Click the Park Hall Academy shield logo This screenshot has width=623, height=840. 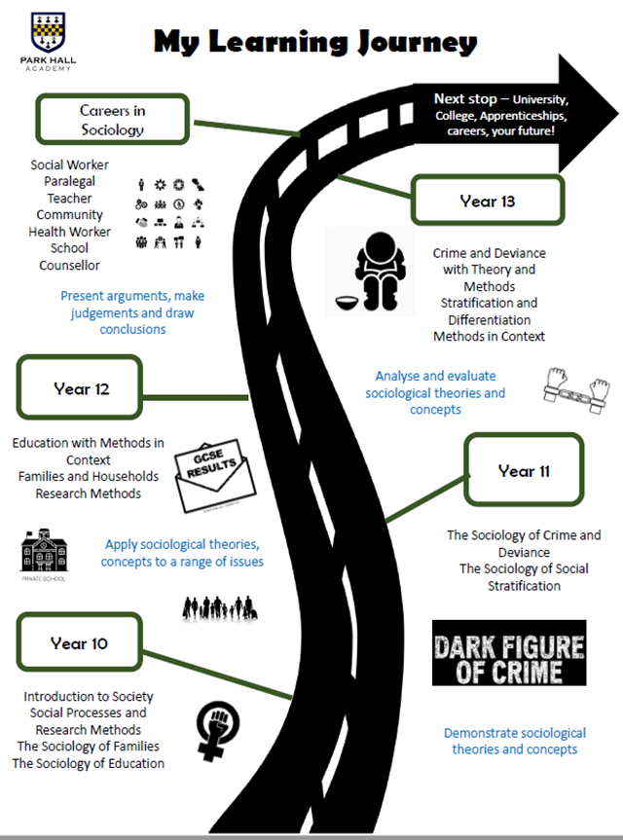click(x=49, y=32)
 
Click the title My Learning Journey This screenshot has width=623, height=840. click(x=315, y=42)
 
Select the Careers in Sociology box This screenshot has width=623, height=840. click(x=113, y=120)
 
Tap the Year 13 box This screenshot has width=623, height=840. click(x=488, y=201)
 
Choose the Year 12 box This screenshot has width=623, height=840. click(x=80, y=387)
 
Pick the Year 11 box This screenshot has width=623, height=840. click(x=524, y=470)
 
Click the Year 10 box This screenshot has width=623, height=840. click(x=79, y=642)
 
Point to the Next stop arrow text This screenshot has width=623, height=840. click(x=501, y=115)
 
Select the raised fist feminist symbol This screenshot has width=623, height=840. click(x=217, y=731)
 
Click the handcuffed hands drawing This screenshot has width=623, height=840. click(x=576, y=390)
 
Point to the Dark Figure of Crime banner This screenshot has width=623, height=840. click(x=509, y=652)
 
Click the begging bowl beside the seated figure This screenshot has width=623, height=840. click(x=350, y=304)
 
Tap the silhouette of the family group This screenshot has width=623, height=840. click(x=220, y=608)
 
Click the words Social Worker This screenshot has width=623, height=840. click(x=70, y=164)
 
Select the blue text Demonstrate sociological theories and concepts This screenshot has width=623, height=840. click(x=515, y=741)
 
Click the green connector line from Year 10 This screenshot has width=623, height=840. click(x=218, y=675)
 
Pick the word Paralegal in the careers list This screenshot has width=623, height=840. click(x=70, y=181)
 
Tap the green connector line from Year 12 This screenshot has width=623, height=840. click(x=195, y=397)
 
